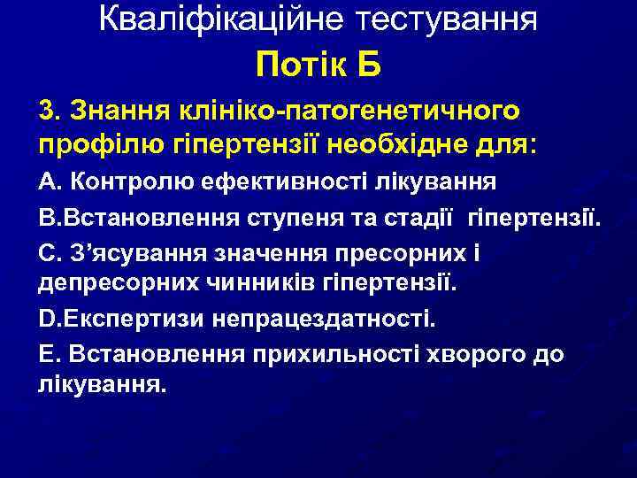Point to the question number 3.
click(47, 111)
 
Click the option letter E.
click(46, 354)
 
